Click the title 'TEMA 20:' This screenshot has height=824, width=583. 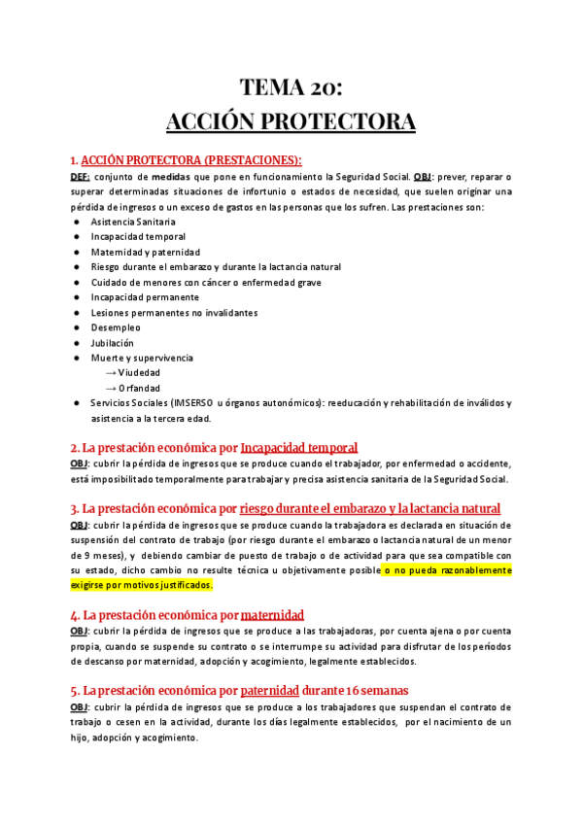click(291, 89)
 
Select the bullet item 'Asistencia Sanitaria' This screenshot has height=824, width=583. click(133, 222)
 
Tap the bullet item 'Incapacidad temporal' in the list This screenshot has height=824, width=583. click(137, 236)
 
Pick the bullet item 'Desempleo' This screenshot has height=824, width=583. click(116, 327)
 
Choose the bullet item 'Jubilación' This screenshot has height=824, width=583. click(112, 343)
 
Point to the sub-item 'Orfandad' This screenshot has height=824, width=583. click(139, 389)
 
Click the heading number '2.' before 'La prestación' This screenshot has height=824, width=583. click(75, 448)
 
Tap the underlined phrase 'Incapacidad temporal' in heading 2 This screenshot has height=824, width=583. click(299, 448)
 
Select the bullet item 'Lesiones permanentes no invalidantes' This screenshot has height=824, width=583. click(174, 313)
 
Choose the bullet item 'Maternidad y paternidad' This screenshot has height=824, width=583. click(145, 252)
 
